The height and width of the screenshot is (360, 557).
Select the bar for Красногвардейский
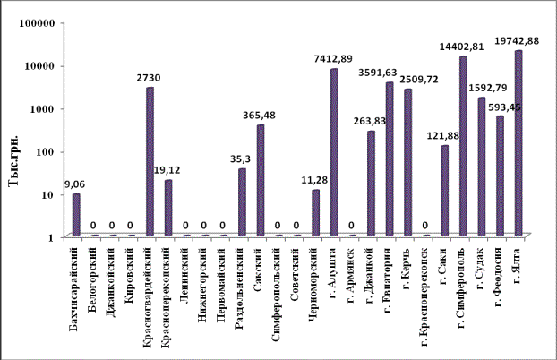point(150,161)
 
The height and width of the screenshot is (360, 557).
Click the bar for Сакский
point(261,180)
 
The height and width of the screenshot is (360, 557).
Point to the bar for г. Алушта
point(334,152)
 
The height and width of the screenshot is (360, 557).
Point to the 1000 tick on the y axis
point(45,108)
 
